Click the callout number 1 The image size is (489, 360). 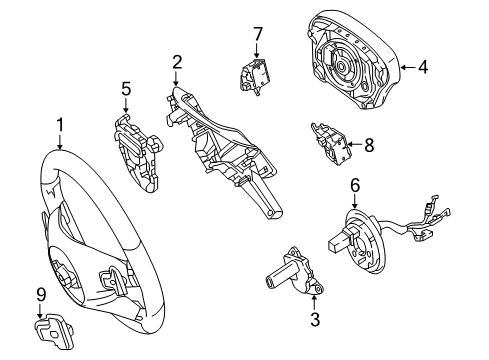point(60,125)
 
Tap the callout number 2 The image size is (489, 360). point(177,62)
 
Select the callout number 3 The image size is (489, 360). point(315,319)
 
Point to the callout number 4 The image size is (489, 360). point(423,67)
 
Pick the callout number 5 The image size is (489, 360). point(126,89)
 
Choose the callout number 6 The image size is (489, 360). point(355,185)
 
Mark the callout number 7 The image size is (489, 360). point(258,34)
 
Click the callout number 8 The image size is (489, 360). point(369,145)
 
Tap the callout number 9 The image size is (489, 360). point(40,294)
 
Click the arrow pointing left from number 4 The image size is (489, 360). point(407,67)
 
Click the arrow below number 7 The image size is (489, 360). point(257,51)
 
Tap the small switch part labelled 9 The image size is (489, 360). point(53,330)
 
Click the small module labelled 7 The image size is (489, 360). point(254,76)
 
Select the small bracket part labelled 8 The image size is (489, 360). point(330,144)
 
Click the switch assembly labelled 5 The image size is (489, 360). point(137,152)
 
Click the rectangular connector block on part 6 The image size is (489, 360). point(340,242)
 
